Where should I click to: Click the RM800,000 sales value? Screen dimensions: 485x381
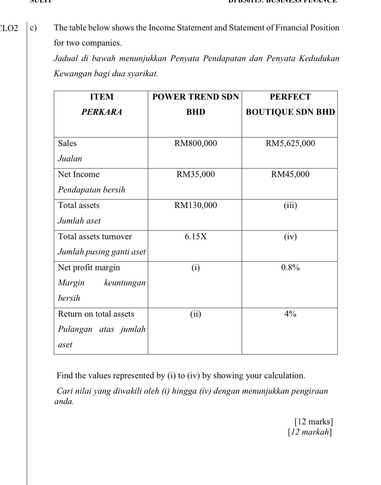pyautogui.click(x=195, y=144)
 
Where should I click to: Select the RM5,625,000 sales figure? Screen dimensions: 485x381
pyautogui.click(x=290, y=144)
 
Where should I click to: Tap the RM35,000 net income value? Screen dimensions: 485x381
pyautogui.click(x=195, y=174)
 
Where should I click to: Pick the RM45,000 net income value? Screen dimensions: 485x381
pyautogui.click(x=290, y=174)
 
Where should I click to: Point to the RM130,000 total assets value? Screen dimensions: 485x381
pyautogui.click(x=195, y=206)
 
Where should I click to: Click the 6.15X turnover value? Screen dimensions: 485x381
pyautogui.click(x=195, y=237)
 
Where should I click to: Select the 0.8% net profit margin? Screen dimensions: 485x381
pyautogui.click(x=290, y=268)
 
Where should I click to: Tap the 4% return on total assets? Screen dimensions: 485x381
pyautogui.click(x=290, y=314)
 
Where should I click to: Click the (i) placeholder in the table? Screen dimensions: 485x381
pyautogui.click(x=195, y=268)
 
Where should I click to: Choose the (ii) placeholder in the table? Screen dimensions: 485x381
pyautogui.click(x=195, y=314)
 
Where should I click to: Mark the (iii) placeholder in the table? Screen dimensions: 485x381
pyautogui.click(x=290, y=206)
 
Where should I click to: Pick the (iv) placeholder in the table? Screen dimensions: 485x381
pyautogui.click(x=290, y=237)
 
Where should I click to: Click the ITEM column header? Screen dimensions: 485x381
pyautogui.click(x=102, y=97)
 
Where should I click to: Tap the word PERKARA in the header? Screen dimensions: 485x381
pyautogui.click(x=102, y=112)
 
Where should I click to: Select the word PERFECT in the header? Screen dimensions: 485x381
pyautogui.click(x=290, y=97)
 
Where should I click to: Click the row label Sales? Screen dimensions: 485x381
pyautogui.click(x=67, y=144)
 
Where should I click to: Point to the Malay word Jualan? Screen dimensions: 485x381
pyautogui.click(x=70, y=159)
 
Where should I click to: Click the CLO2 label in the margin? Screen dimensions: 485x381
pyautogui.click(x=9, y=28)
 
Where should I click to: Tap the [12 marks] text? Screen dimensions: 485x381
pyautogui.click(x=313, y=422)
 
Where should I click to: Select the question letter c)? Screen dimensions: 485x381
pyautogui.click(x=33, y=28)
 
